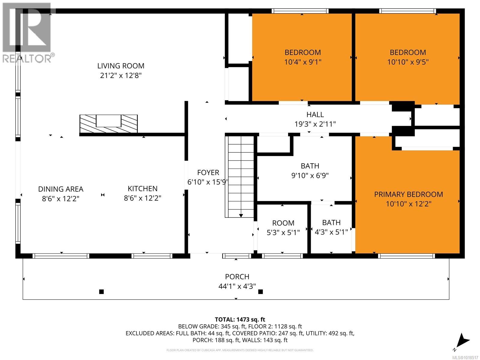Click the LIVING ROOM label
click(x=121, y=66)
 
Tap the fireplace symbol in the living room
click(x=108, y=124)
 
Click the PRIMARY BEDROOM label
click(x=408, y=194)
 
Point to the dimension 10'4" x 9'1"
click(x=303, y=62)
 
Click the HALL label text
click(x=315, y=114)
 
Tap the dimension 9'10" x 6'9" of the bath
click(x=310, y=175)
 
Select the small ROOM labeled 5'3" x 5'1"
click(x=283, y=227)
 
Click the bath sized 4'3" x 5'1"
click(x=331, y=227)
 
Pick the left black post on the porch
click(x=101, y=292)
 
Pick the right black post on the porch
click(x=260, y=292)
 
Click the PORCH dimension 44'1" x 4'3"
click(x=237, y=286)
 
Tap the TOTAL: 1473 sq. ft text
click(x=240, y=319)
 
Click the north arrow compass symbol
click(x=462, y=341)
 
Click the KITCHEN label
click(x=142, y=188)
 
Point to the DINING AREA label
click(x=61, y=189)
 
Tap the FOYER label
click(x=208, y=172)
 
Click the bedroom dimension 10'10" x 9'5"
click(x=408, y=62)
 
